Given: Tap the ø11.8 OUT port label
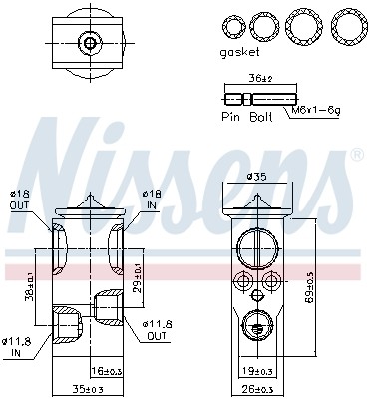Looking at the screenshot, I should (x=156, y=329).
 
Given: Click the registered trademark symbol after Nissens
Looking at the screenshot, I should (x=357, y=156).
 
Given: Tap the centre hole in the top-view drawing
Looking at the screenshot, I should (x=91, y=41).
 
